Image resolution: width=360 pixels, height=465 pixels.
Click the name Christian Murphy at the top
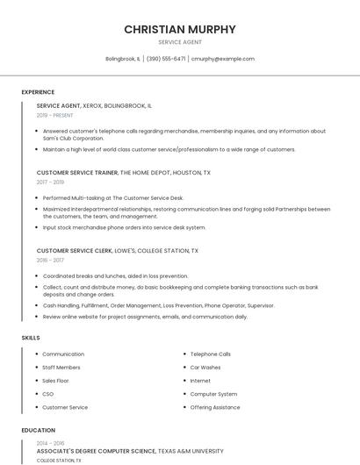pyautogui.click(x=180, y=29)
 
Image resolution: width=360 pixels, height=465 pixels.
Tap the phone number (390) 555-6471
pyautogui.click(x=166, y=59)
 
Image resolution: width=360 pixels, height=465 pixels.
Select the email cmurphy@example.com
pyautogui.click(x=223, y=59)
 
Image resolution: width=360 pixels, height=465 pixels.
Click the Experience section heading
pyautogui.click(x=38, y=92)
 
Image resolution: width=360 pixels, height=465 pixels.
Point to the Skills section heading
pyautogui.click(x=31, y=337)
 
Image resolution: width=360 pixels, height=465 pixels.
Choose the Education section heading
pyautogui.click(x=38, y=431)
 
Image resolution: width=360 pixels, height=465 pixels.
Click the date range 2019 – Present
pyautogui.click(x=55, y=115)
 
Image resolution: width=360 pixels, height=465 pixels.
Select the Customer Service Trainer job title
pyautogui.click(x=77, y=173)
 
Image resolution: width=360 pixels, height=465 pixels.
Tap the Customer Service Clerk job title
pyautogui.click(x=74, y=251)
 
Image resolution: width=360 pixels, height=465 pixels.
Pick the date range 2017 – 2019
pyautogui.click(x=50, y=182)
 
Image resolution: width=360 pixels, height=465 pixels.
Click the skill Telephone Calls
pyautogui.click(x=211, y=354)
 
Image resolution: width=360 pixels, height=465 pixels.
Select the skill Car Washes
pyautogui.click(x=205, y=368)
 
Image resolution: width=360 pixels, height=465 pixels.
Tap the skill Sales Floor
pyautogui.click(x=55, y=381)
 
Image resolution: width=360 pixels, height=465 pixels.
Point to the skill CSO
pyautogui.click(x=48, y=394)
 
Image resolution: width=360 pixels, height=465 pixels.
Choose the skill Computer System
pyautogui.click(x=213, y=394)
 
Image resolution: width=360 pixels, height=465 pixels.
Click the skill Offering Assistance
pyautogui.click(x=215, y=407)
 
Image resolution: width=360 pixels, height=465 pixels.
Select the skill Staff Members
pyautogui.click(x=61, y=368)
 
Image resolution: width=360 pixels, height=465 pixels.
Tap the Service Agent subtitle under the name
pyautogui.click(x=180, y=42)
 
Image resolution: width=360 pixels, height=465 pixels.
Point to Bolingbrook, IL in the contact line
pyautogui.click(x=123, y=59)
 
